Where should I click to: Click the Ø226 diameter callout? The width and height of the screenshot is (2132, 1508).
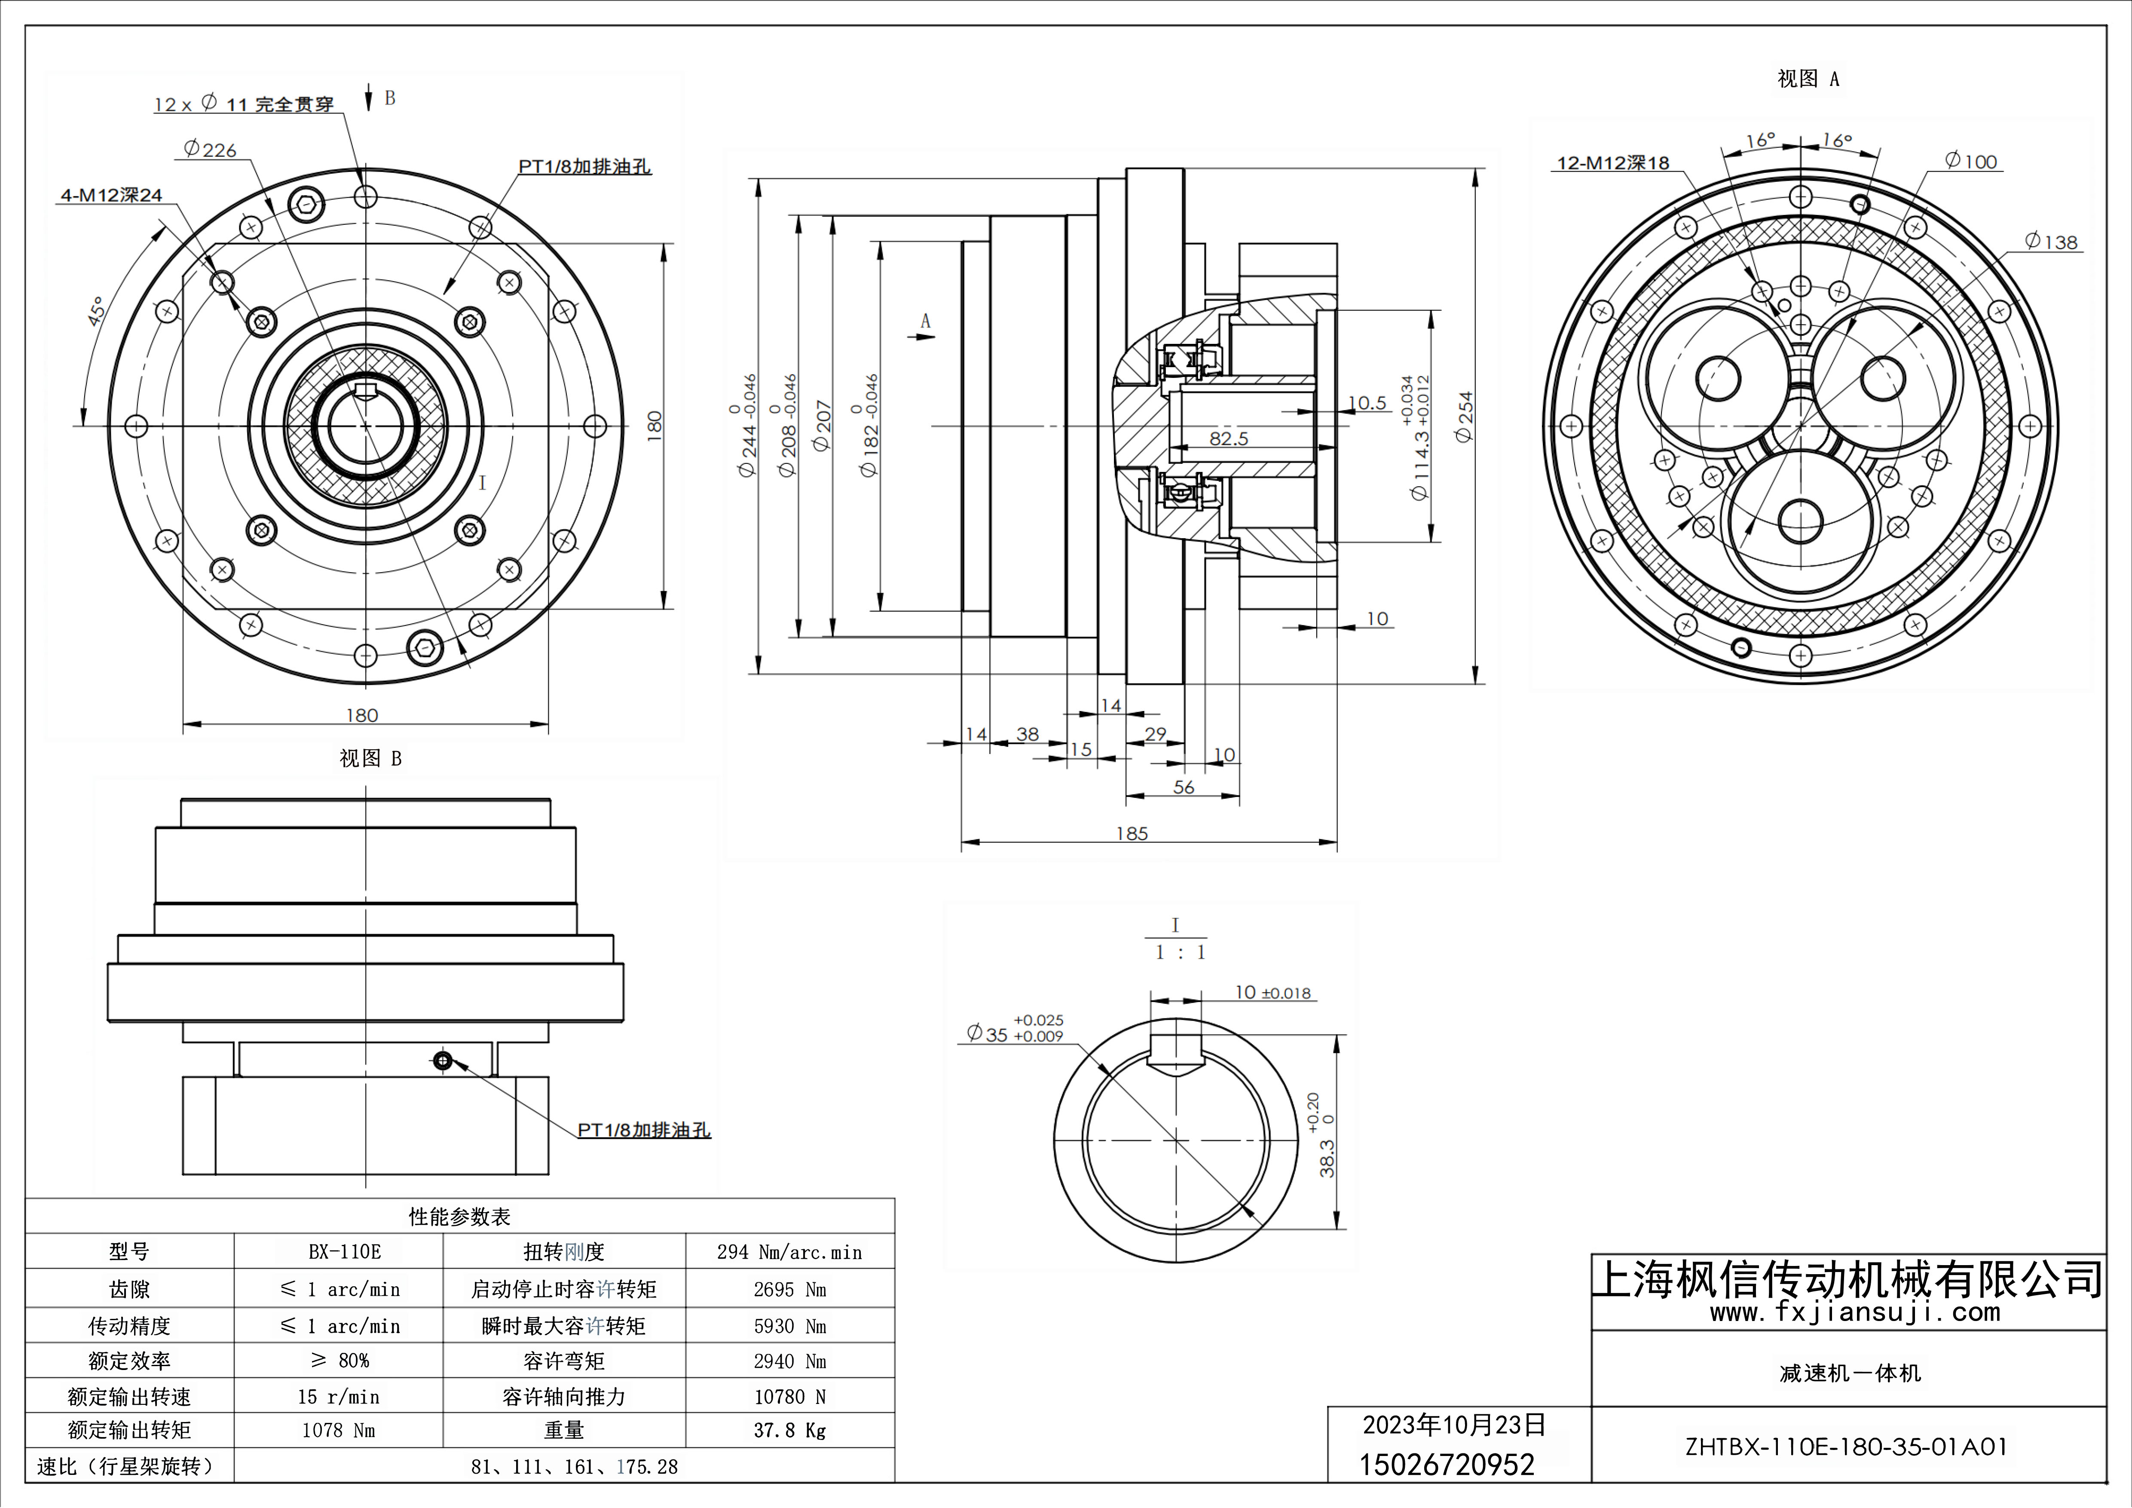click(211, 150)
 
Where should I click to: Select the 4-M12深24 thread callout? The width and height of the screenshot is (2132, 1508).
click(111, 195)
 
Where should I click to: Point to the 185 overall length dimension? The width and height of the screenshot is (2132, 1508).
click(1132, 834)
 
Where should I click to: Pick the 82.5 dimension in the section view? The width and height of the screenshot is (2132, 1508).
click(1229, 438)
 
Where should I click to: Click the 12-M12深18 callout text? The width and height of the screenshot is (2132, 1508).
click(1613, 163)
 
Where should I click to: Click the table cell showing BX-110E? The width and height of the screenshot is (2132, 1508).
click(345, 1252)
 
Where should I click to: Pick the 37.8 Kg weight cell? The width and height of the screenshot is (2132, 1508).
click(789, 1431)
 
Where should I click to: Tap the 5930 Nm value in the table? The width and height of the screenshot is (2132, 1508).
click(789, 1326)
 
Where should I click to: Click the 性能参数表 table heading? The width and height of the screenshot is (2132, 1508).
click(460, 1217)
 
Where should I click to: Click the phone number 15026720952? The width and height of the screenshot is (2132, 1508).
click(1447, 1465)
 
